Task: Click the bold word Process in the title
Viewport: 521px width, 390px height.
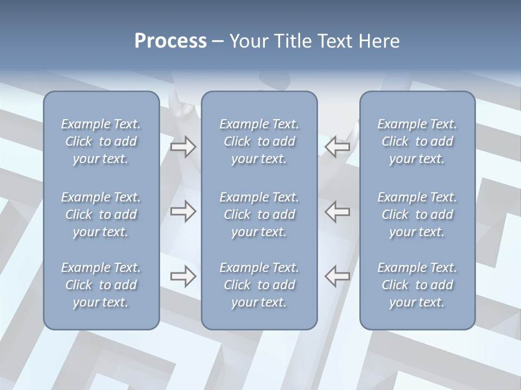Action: pos(170,41)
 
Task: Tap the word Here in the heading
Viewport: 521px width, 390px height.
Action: pos(378,41)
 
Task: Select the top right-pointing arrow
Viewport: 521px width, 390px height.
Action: pos(183,147)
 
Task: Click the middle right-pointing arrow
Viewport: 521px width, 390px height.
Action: pos(183,211)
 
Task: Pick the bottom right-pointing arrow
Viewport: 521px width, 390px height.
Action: pos(183,276)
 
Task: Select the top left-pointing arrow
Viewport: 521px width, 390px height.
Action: pos(338,147)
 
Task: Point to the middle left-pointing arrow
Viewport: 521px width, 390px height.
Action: pos(338,211)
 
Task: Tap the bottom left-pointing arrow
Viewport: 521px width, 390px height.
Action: pos(338,276)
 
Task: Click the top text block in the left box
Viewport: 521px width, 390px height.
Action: pos(101,141)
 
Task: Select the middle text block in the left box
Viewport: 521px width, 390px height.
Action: pos(101,214)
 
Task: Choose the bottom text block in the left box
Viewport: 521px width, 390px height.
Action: pos(101,285)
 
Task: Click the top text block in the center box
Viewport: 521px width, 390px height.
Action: pos(259,141)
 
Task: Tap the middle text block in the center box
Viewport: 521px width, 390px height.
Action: pos(259,214)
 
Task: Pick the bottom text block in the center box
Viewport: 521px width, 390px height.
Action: pos(259,285)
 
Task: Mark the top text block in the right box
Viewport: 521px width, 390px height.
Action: pos(417,141)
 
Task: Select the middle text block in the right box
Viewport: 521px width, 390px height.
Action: pos(417,214)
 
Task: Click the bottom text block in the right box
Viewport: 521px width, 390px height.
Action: pos(417,285)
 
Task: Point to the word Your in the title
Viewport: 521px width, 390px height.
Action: pos(247,41)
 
